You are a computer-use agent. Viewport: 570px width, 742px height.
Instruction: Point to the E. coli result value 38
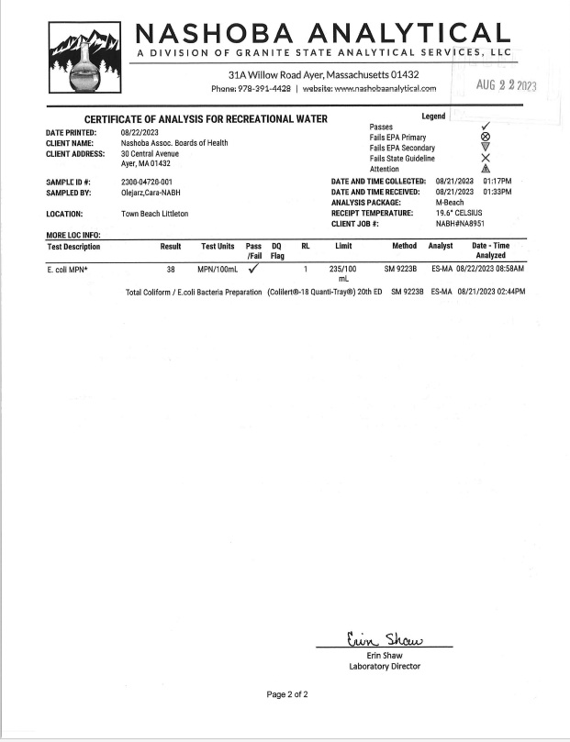(171, 270)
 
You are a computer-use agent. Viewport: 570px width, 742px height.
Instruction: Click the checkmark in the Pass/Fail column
(253, 269)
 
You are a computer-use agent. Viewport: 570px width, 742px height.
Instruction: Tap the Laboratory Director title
(385, 666)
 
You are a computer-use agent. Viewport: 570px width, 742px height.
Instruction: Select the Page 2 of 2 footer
(287, 694)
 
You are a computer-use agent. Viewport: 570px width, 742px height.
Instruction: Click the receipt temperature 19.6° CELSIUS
(465, 213)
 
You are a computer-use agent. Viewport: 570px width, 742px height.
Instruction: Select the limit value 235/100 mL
(341, 274)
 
